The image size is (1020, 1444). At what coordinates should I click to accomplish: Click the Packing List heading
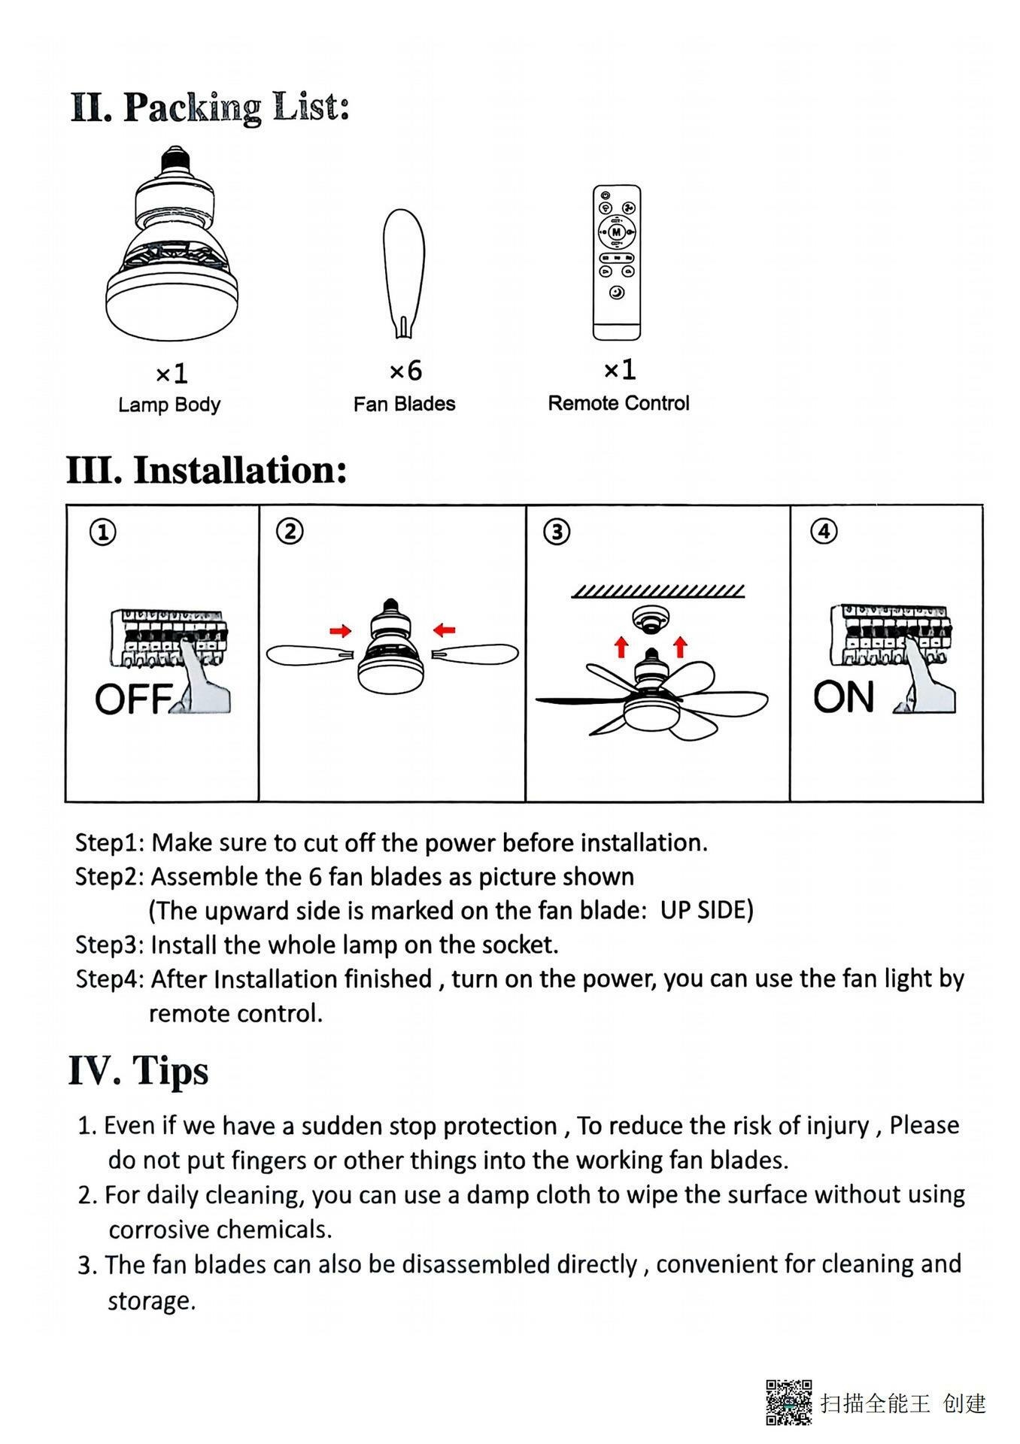point(210,108)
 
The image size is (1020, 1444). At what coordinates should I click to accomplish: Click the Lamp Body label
point(169,405)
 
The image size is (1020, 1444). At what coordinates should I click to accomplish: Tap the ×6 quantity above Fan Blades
point(405,370)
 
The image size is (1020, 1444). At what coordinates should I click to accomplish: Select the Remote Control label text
point(618,403)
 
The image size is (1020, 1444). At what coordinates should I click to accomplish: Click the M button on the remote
point(617,232)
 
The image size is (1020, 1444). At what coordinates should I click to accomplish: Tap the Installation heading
point(207,470)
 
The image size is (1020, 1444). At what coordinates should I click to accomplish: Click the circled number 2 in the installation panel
point(290,532)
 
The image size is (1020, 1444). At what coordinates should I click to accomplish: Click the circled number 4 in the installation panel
point(824,531)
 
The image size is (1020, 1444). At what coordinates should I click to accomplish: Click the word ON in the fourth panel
point(843,696)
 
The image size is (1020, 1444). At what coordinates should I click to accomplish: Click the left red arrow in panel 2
point(341,630)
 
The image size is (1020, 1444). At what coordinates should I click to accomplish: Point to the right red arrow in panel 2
point(445,629)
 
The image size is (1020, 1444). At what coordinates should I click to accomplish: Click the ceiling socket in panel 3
point(651,619)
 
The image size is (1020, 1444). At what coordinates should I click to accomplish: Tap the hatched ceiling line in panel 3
point(658,591)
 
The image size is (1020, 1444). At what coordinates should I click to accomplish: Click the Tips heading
point(138,1070)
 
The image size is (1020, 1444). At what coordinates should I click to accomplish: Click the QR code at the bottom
point(788,1402)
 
